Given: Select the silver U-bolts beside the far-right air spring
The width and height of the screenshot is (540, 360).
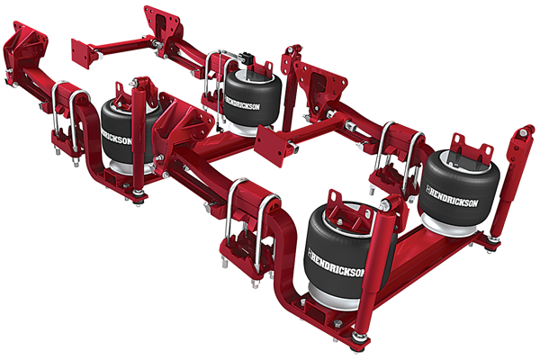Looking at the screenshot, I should tap(396, 153).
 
